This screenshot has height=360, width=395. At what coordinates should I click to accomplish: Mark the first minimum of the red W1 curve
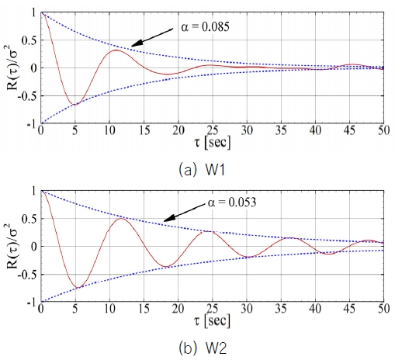[x=74, y=104]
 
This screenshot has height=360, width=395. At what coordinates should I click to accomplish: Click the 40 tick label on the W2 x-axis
[x=317, y=307]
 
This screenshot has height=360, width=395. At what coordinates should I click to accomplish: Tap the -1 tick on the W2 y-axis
[x=30, y=301]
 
